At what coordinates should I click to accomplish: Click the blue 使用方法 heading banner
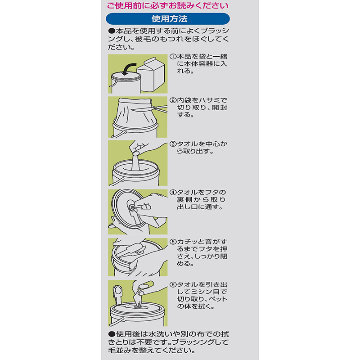click(168, 19)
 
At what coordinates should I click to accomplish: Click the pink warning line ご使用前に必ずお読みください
click(168, 5)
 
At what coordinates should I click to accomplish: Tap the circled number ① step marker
click(173, 57)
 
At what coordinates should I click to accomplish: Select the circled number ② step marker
click(173, 100)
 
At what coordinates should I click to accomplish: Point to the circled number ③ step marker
click(173, 144)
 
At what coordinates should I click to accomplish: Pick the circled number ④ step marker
click(173, 193)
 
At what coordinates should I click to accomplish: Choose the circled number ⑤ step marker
click(173, 242)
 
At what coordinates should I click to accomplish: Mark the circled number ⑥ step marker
click(173, 285)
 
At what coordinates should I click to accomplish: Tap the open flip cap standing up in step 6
click(118, 295)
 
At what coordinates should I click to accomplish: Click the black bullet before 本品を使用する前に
click(112, 31)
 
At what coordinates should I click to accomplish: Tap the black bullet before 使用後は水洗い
click(112, 334)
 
